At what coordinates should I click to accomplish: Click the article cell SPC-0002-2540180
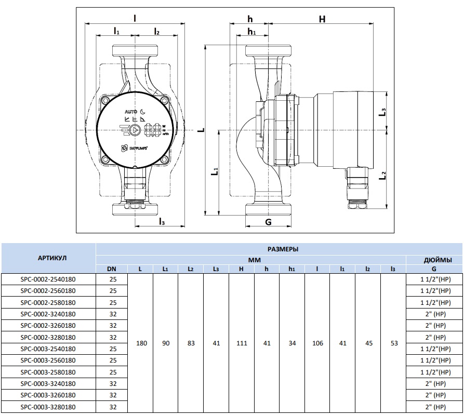48,279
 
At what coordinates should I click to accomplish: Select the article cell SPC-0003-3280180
48,406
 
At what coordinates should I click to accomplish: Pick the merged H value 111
242,343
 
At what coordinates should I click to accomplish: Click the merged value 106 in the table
317,343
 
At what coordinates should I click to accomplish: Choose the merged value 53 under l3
393,343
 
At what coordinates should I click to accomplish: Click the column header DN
112,269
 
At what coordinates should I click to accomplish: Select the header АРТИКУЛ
48,258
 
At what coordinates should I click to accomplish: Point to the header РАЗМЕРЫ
280,249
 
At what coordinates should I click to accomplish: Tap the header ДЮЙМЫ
434,259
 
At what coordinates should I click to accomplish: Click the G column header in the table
434,269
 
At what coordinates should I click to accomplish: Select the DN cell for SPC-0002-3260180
112,326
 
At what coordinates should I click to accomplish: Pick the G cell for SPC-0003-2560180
434,360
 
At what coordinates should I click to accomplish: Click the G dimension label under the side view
268,222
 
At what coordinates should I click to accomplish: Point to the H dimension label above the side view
322,19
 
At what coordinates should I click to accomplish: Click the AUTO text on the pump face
130,111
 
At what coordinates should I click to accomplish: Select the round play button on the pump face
134,131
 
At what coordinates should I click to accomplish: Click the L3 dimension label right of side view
383,112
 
